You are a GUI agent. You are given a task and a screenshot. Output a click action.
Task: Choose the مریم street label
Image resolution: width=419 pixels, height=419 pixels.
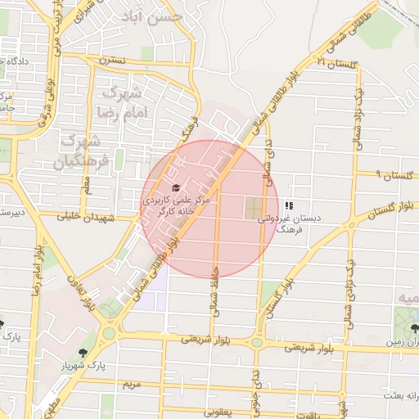[x=132, y=384]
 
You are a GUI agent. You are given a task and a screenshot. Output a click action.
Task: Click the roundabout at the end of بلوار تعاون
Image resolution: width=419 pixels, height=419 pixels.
[x=109, y=333]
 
